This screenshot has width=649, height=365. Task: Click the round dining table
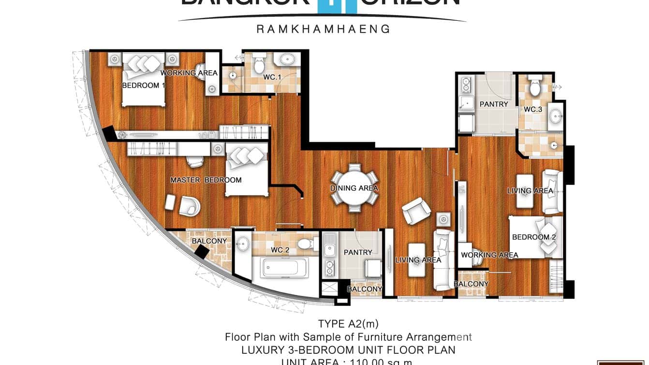coord(354,188)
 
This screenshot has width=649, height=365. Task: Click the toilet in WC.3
coord(534,87)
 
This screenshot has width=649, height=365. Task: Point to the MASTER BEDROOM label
coord(206,180)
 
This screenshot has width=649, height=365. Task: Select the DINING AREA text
coord(354,188)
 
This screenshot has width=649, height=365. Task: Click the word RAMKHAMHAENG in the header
coord(323,29)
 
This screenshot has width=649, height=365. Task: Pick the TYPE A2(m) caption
coord(345,324)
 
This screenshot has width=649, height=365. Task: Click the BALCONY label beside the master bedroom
coord(209,241)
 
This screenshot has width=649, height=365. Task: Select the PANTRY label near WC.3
coord(494,104)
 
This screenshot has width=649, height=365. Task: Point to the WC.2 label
coord(280,250)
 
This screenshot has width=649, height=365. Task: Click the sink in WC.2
coord(243,243)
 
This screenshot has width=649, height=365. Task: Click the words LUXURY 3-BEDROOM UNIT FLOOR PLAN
coord(349,350)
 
